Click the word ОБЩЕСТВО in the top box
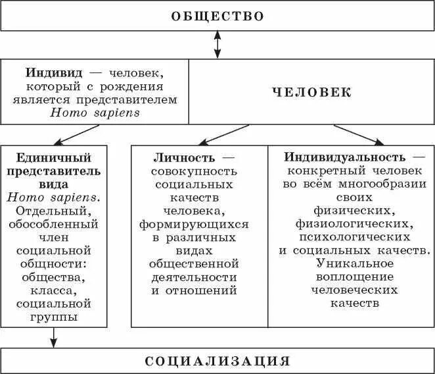(x=217, y=16)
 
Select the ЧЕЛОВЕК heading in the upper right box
(x=312, y=92)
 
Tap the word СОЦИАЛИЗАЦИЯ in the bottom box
(x=217, y=361)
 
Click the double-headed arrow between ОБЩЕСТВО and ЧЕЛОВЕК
(x=217, y=45)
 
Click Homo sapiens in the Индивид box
(x=95, y=113)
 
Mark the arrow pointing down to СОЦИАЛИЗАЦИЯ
(x=55, y=337)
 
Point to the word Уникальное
(x=351, y=263)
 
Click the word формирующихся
(x=194, y=224)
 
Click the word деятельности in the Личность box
(x=193, y=277)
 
